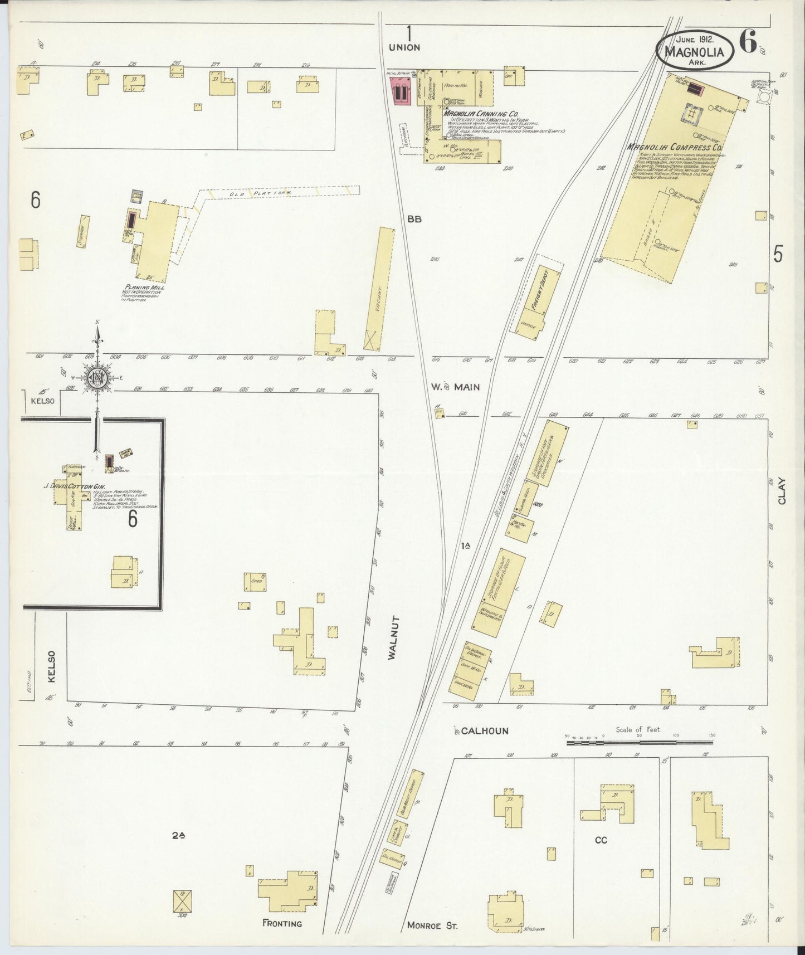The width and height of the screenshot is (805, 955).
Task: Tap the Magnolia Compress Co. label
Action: pyautogui.click(x=674, y=148)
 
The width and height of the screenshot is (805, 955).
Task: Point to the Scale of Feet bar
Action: pyautogui.click(x=638, y=742)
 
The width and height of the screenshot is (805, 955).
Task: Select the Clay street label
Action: pyautogui.click(x=782, y=491)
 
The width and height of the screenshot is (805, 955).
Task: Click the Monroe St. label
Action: pyautogui.click(x=432, y=925)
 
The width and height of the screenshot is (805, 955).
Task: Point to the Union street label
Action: pyautogui.click(x=404, y=48)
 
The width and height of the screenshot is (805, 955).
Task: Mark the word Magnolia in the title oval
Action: pyautogui.click(x=694, y=52)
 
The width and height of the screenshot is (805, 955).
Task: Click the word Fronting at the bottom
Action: pyautogui.click(x=282, y=923)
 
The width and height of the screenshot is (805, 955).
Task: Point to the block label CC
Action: pyautogui.click(x=600, y=840)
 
